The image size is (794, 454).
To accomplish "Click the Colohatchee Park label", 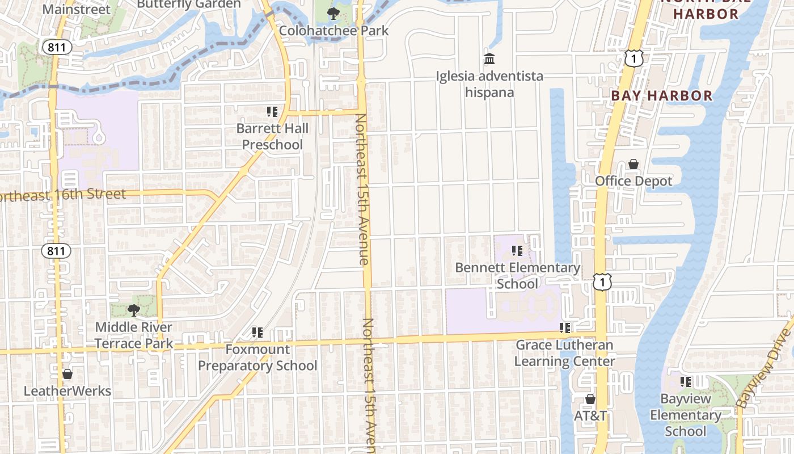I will [x=334, y=30].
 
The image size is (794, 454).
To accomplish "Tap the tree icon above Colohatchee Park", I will [x=333, y=12].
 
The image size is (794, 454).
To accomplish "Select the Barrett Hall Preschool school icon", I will [x=272, y=112].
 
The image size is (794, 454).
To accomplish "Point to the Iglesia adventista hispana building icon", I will [x=489, y=58].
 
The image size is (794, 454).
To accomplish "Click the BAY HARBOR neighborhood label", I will [x=661, y=95].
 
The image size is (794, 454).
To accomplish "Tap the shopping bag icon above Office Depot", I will [x=633, y=165].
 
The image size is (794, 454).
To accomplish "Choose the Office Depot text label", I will [x=633, y=181].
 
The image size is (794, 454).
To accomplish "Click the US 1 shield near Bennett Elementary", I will [x=602, y=281].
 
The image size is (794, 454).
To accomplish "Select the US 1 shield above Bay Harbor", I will [x=635, y=57].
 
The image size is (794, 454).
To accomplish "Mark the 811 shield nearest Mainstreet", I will [x=57, y=48].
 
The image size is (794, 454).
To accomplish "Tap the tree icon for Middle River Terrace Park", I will [x=133, y=310].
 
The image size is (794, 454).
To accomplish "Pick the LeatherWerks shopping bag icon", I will [x=67, y=374].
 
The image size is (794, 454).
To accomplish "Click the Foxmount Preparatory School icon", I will [x=257, y=332].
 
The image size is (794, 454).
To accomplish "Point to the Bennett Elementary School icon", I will [x=517, y=250].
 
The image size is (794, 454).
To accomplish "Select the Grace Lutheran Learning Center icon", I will [x=564, y=327].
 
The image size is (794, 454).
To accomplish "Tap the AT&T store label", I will [x=590, y=415].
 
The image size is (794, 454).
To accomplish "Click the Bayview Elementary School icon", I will [x=686, y=382].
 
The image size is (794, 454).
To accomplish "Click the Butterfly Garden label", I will [x=189, y=4].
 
